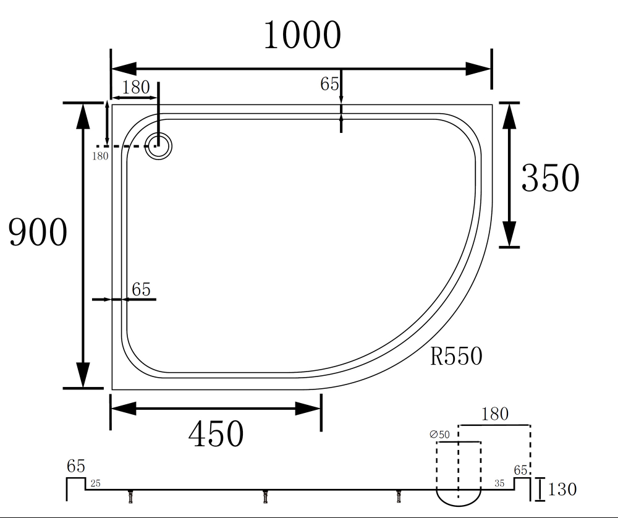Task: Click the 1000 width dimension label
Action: [302, 35]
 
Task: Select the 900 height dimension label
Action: [38, 232]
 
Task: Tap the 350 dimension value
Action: [550, 177]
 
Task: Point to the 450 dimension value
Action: [216, 433]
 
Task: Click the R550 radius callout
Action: [456, 356]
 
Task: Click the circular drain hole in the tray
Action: [158, 146]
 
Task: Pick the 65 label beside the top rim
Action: [329, 83]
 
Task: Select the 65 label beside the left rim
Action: [141, 289]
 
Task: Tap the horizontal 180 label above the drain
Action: [136, 87]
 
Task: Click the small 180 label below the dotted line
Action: [100, 156]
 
